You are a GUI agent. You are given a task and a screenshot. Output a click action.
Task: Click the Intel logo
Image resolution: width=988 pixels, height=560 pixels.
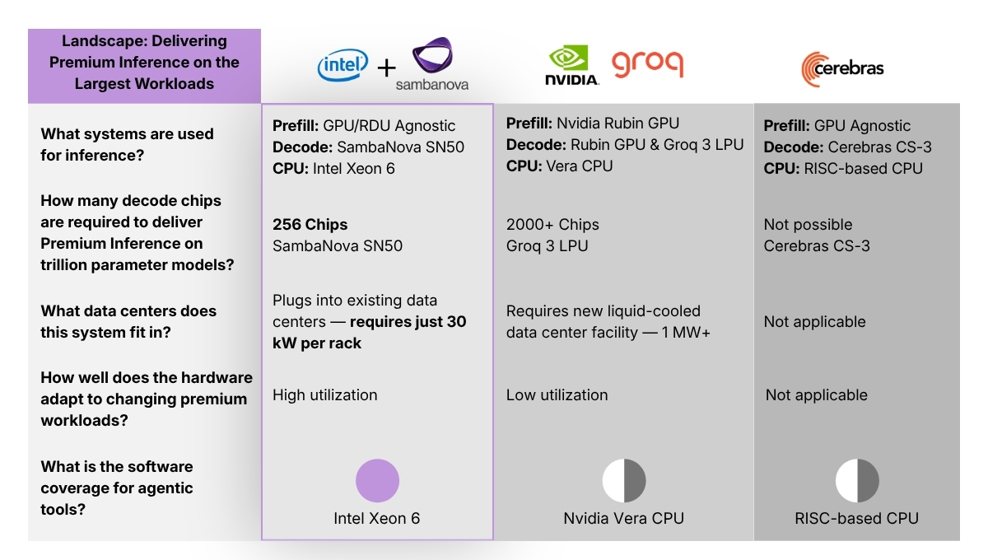click(343, 66)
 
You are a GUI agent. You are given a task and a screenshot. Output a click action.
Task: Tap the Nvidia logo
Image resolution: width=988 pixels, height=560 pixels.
click(571, 66)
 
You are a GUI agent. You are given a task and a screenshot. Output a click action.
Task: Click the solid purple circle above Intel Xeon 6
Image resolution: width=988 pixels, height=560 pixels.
click(377, 481)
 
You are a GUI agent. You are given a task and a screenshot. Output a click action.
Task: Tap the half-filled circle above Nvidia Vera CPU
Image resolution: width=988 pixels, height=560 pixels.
click(624, 481)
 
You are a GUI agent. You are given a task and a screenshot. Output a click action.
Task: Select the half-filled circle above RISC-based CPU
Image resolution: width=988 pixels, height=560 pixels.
click(857, 481)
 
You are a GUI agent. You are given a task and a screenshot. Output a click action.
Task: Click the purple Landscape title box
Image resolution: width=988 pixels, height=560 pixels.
click(144, 62)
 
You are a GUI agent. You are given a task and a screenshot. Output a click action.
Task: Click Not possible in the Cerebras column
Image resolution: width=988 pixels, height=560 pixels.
click(808, 224)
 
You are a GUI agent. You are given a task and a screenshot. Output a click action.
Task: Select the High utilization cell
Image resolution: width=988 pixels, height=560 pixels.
click(324, 394)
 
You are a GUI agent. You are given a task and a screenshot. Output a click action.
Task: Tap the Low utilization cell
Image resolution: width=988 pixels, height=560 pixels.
click(557, 394)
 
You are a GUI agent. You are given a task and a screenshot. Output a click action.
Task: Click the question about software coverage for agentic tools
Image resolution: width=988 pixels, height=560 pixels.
click(117, 488)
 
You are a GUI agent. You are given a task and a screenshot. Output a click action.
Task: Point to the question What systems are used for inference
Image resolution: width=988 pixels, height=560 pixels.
click(127, 144)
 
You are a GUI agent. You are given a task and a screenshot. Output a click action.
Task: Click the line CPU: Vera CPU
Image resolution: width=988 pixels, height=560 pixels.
click(559, 166)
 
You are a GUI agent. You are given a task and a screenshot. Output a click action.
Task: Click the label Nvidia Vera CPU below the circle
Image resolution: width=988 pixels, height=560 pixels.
click(623, 518)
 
